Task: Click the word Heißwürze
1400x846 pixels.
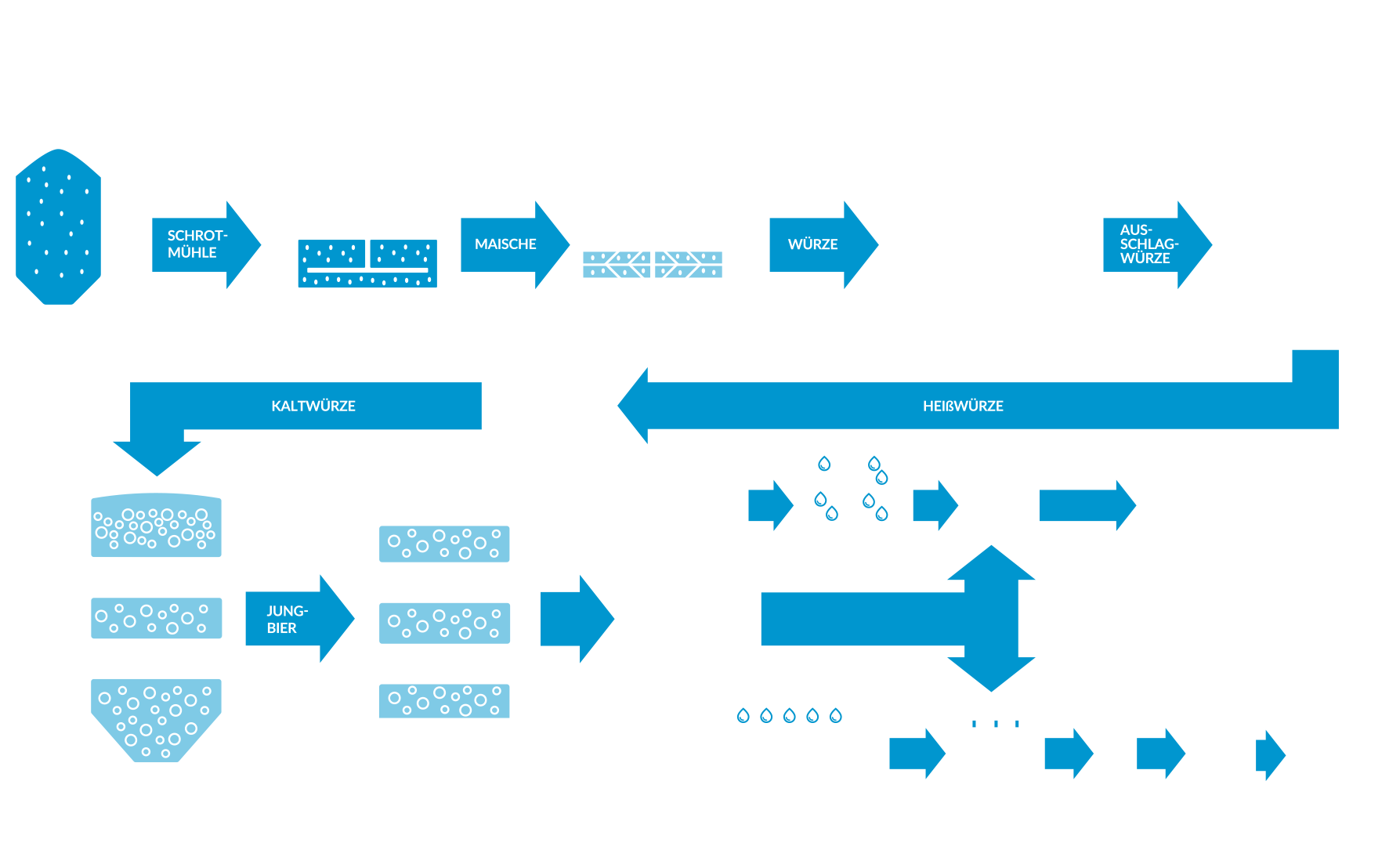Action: (x=963, y=406)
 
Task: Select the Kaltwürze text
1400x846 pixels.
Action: (x=313, y=406)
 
